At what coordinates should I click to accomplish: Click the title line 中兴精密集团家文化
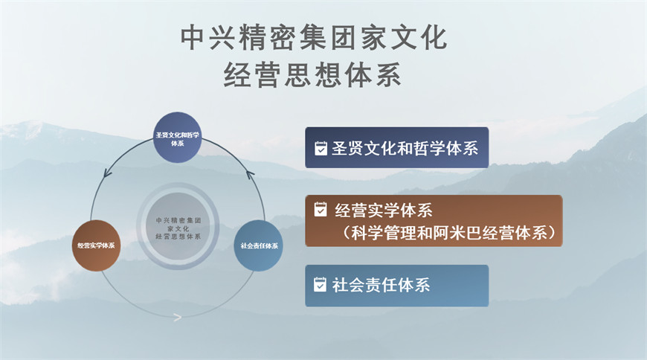click(x=314, y=38)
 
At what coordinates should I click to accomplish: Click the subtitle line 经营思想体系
click(x=312, y=75)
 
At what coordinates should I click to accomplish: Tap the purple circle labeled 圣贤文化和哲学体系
click(x=178, y=138)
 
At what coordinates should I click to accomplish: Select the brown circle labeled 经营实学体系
click(x=96, y=245)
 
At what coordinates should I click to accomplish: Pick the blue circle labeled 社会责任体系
click(x=259, y=245)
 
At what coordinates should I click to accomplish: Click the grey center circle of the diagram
click(x=178, y=226)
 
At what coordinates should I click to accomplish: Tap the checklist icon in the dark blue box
click(x=321, y=148)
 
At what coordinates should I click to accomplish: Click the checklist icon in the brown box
click(x=321, y=209)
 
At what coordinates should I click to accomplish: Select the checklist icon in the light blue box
click(x=320, y=284)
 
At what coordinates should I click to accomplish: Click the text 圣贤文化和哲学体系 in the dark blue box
click(x=405, y=148)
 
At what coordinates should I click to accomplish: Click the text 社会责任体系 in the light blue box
click(x=381, y=285)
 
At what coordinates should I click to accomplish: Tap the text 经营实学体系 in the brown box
click(x=383, y=210)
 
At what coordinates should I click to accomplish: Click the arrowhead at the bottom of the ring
click(x=178, y=318)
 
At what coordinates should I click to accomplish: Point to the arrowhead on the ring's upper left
click(x=108, y=173)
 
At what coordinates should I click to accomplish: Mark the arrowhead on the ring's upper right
click(x=251, y=174)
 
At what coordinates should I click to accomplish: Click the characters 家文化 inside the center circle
click(x=178, y=228)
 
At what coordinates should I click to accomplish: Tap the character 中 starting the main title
click(x=193, y=38)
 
